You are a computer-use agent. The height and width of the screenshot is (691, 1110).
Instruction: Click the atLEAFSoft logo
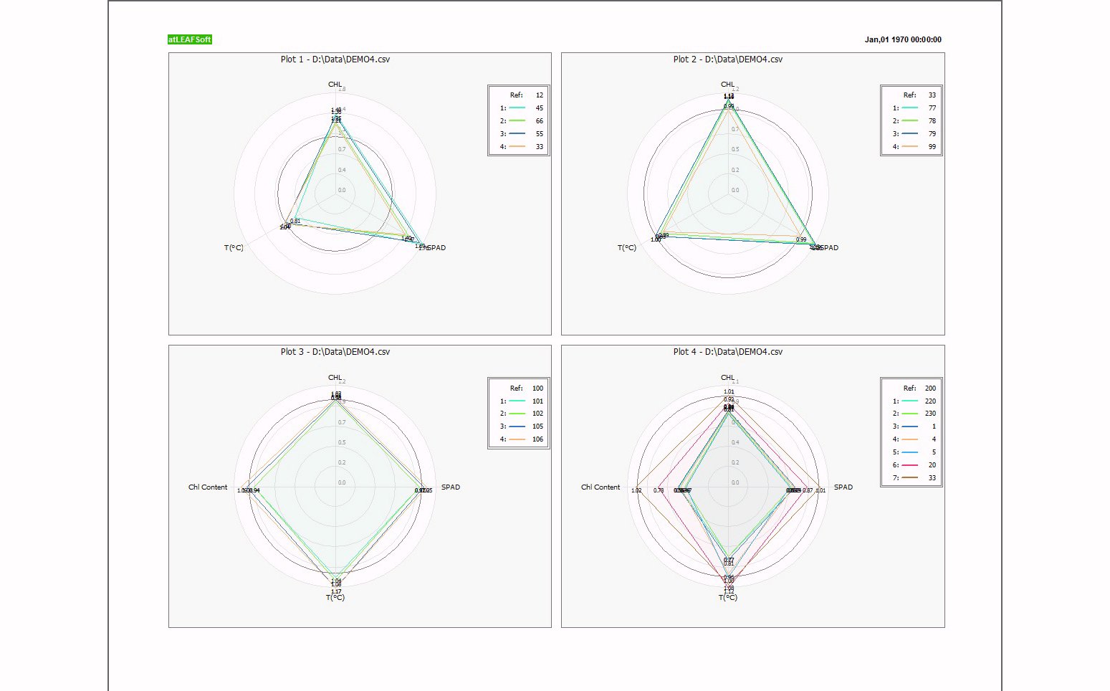click(x=189, y=39)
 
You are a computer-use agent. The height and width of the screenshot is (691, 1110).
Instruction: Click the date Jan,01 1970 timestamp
click(x=903, y=39)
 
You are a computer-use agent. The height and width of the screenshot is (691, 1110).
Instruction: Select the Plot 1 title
click(x=335, y=59)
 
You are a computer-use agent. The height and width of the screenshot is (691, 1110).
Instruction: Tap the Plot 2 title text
click(x=728, y=59)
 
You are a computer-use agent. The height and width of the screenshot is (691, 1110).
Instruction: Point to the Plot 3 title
click(x=335, y=352)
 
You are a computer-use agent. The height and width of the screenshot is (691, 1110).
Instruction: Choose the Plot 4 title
click(x=728, y=352)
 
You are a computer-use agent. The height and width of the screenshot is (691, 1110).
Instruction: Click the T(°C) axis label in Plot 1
click(x=234, y=248)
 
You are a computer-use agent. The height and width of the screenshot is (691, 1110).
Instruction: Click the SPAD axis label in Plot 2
click(x=828, y=248)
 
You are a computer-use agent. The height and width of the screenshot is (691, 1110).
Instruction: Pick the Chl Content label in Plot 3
click(x=208, y=487)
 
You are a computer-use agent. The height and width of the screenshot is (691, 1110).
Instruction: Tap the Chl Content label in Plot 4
click(x=601, y=487)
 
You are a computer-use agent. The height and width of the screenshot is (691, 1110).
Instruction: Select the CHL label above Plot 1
click(x=335, y=85)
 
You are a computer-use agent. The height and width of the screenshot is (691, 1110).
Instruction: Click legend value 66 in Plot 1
click(x=540, y=121)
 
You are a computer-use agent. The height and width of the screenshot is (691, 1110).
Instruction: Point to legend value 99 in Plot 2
click(x=932, y=147)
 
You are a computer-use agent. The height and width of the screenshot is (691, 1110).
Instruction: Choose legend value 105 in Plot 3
click(x=537, y=426)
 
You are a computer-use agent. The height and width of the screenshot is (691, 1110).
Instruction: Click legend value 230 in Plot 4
click(x=930, y=414)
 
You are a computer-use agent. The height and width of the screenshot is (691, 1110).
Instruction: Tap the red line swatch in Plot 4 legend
click(x=909, y=465)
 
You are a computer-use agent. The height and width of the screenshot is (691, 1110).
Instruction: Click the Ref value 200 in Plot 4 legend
click(x=930, y=389)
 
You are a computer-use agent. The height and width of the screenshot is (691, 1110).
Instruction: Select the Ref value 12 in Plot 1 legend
click(x=540, y=95)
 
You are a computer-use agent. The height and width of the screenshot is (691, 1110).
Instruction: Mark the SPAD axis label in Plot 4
click(x=843, y=487)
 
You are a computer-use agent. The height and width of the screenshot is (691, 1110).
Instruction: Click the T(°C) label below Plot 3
click(x=335, y=598)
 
